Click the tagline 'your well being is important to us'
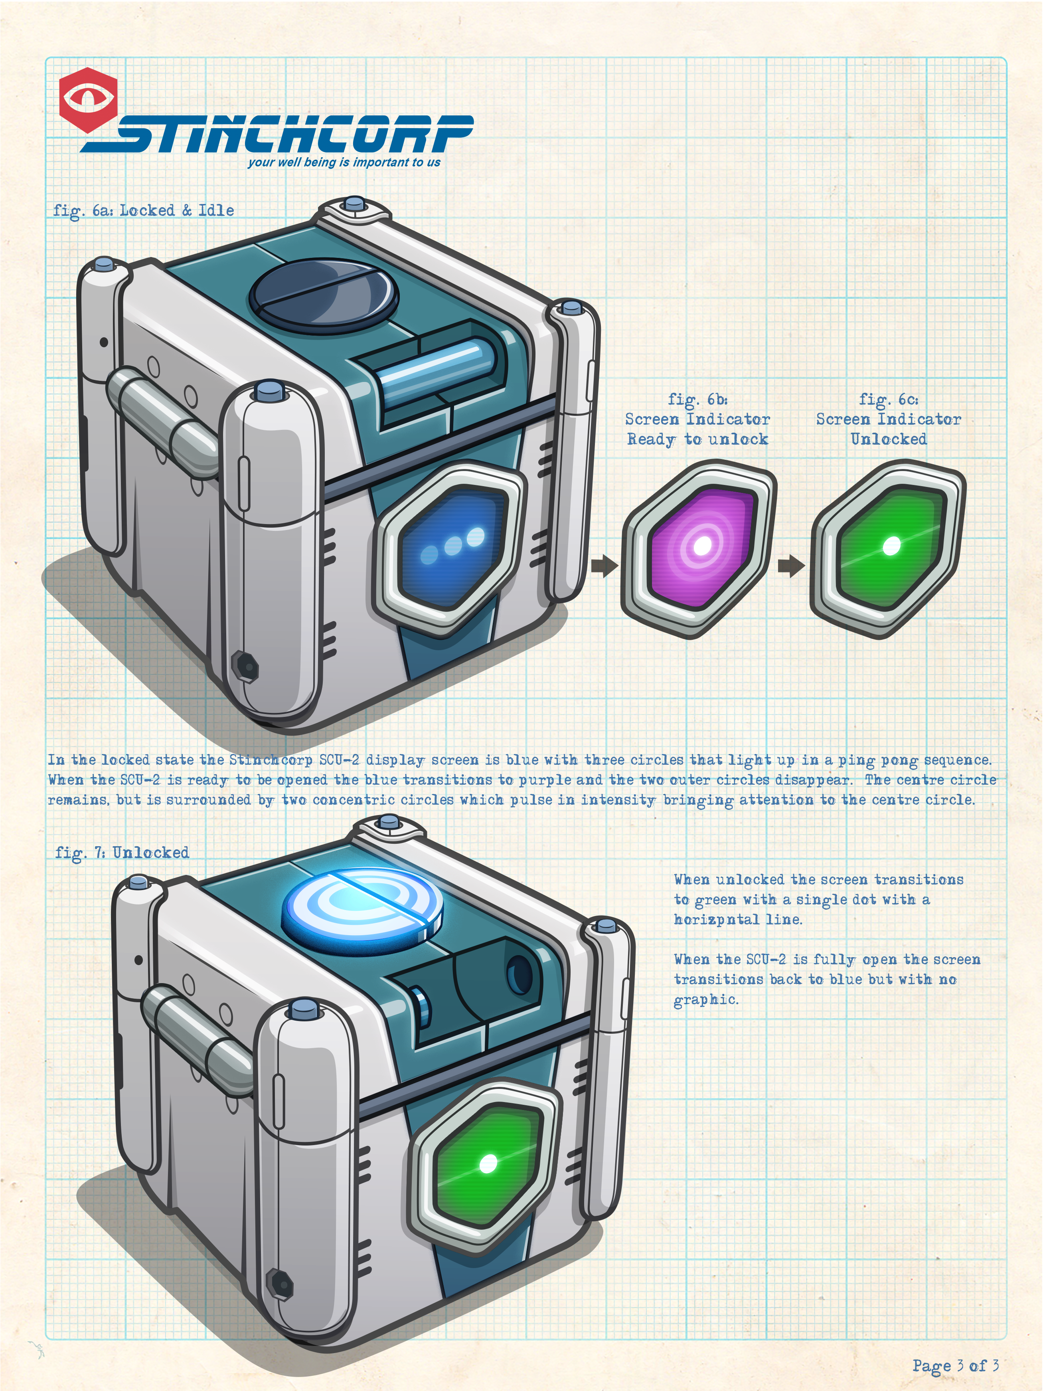click(x=344, y=162)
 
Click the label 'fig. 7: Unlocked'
click(x=122, y=853)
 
